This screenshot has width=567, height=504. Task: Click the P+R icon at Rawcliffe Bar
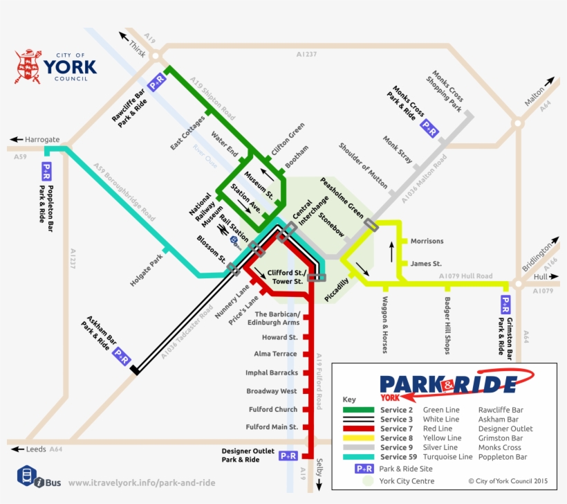coord(157,80)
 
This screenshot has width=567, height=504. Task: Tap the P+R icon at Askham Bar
coord(122,357)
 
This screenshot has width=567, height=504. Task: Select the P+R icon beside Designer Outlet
coord(288,456)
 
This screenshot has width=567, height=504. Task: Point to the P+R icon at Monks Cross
coord(429,127)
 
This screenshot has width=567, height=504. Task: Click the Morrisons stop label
coord(427,242)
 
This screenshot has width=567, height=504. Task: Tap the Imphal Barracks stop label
coord(272,373)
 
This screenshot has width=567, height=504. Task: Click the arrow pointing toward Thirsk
coord(124,35)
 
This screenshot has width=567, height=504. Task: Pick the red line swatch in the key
coord(358,429)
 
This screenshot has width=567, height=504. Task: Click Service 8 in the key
coord(396,438)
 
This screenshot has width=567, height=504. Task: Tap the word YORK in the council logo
coord(70,67)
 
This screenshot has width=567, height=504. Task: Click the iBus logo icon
coord(27,476)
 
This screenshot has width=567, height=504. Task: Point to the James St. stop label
coord(426,264)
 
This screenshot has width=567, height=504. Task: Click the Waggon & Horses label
coord(384,325)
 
